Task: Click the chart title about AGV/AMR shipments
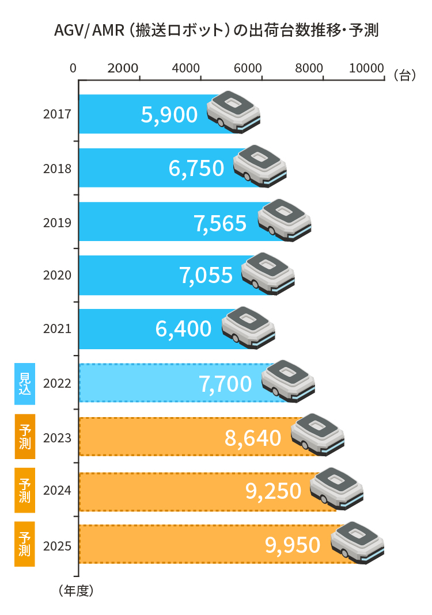[215, 30]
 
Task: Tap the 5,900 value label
[169, 115]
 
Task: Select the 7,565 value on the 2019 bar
[220, 223]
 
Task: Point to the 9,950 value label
[293, 544]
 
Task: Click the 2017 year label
[57, 114]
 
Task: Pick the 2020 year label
[57, 275]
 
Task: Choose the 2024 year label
[57, 491]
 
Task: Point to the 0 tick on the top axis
[73, 67]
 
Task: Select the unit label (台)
[405, 75]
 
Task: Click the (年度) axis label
[75, 590]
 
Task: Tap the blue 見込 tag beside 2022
[25, 383]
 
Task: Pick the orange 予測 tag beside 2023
[25, 437]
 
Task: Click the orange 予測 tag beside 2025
[25, 544]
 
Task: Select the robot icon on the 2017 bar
[233, 110]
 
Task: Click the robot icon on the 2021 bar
[248, 326]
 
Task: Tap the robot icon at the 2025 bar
[357, 541]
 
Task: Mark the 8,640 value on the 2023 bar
[253, 438]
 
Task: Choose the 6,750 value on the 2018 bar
[196, 168]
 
